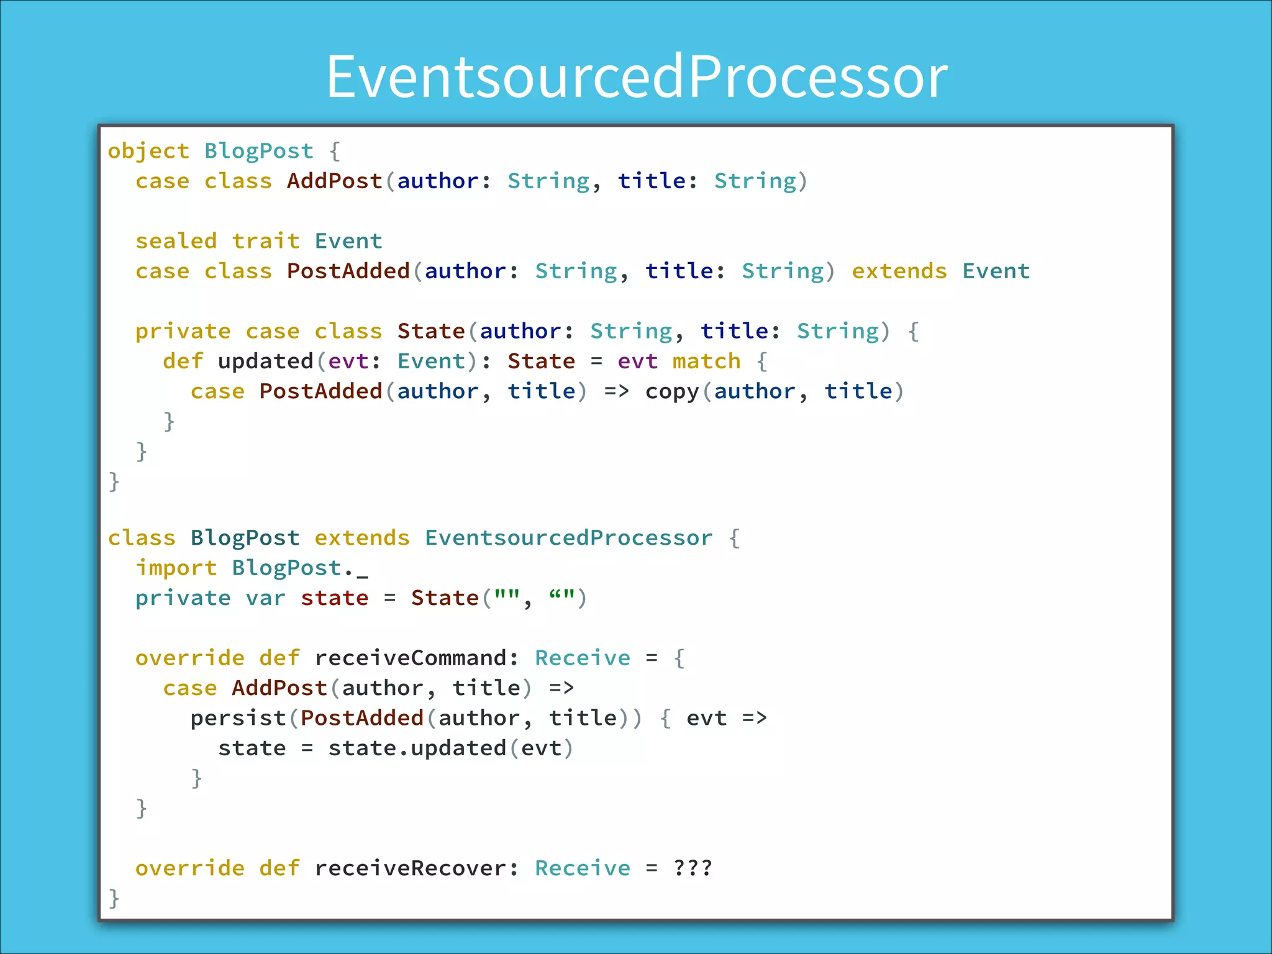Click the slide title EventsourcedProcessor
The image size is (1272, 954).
click(637, 76)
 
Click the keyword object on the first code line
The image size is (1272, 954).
click(148, 151)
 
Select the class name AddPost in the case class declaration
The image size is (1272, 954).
click(334, 181)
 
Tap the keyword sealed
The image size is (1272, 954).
click(176, 241)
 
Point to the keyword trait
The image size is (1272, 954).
click(266, 241)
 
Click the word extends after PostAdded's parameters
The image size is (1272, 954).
click(899, 271)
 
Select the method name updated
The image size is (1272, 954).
click(265, 361)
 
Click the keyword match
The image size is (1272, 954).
click(706, 361)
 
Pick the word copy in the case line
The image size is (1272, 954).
click(672, 392)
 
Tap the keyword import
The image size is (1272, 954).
click(176, 568)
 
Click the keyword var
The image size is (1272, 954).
click(265, 598)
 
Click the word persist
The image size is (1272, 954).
click(238, 719)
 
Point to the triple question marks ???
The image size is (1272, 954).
click(693, 868)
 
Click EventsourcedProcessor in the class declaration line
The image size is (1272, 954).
click(568, 538)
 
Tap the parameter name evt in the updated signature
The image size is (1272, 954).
click(348, 361)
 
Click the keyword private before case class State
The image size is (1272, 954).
click(183, 331)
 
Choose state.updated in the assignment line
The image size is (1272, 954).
click(417, 748)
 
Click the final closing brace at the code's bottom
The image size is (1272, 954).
click(114, 898)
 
